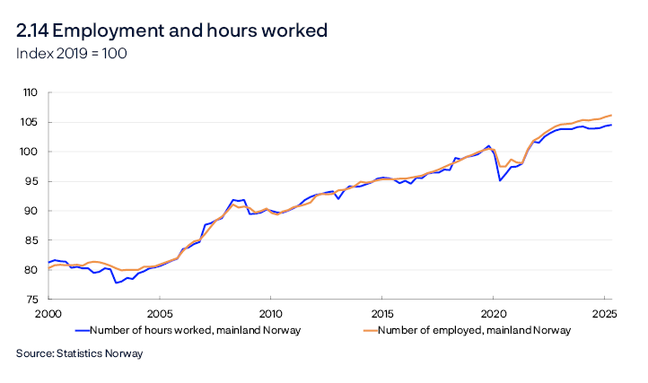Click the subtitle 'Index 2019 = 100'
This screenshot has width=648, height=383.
(72, 54)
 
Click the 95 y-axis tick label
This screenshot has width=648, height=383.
(31, 181)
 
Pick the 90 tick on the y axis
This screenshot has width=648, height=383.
(31, 211)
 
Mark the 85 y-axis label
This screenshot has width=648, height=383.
(31, 240)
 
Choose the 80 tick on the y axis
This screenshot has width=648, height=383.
(31, 270)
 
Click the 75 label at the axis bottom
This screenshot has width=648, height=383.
(31, 300)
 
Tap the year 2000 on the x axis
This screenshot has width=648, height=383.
(48, 314)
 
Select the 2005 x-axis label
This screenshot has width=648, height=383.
(159, 314)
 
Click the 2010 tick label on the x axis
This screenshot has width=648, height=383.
(270, 314)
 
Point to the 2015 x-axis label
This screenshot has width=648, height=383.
(381, 314)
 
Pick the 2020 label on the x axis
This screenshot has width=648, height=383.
(493, 314)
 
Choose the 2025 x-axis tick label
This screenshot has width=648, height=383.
(604, 314)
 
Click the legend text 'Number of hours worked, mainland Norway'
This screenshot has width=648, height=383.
(195, 331)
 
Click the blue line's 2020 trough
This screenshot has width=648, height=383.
(500, 180)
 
